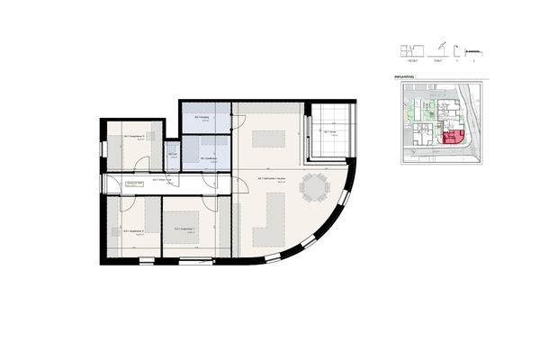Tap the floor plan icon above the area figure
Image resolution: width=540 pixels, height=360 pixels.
(414, 49)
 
